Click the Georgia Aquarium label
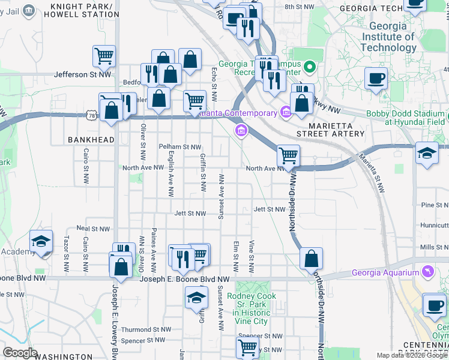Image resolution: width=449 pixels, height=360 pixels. click(x=387, y=272)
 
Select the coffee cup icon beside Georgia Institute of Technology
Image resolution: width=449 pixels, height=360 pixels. click(x=376, y=79)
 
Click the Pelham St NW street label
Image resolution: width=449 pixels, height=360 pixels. click(x=179, y=146)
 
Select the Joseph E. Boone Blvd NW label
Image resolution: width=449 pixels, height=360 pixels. click(x=185, y=279)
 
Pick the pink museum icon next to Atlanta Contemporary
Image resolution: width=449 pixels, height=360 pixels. click(x=285, y=111)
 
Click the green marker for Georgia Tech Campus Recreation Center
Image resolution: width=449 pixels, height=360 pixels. click(x=310, y=67)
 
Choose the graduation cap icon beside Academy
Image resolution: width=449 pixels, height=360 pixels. click(x=41, y=241)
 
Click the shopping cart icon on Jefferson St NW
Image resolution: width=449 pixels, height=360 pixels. click(x=104, y=56)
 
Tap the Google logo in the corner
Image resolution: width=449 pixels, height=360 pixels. click(x=20, y=353)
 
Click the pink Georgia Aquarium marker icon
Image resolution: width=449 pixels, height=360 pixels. click(x=428, y=272)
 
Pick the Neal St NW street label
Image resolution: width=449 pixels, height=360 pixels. click(x=93, y=229)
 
